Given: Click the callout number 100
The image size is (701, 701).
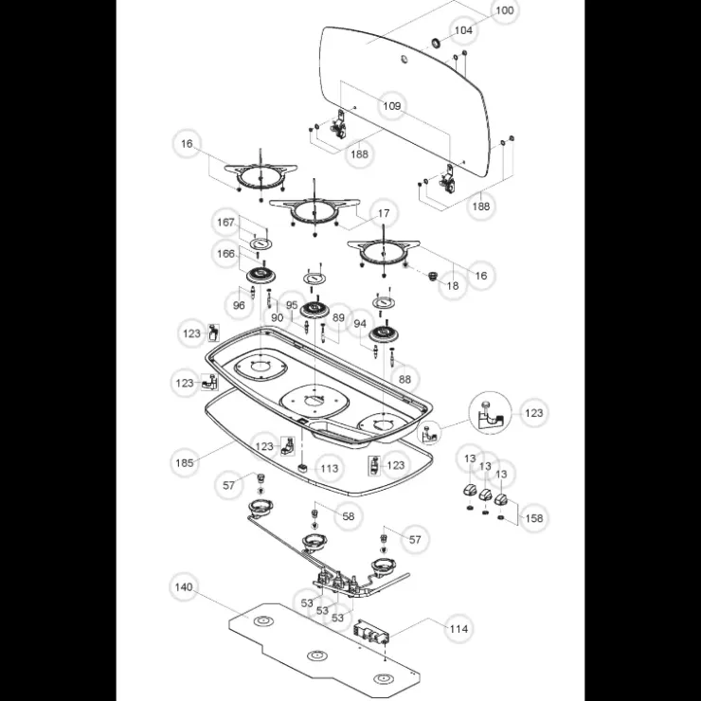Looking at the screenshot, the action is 505,10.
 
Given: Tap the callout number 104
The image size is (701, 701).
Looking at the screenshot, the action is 463,30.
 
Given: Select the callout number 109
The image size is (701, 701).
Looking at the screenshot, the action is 391,106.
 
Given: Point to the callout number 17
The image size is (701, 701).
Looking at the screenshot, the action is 384,214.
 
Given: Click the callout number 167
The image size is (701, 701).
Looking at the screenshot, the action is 225,223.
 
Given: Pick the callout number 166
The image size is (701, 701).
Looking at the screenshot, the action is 225,254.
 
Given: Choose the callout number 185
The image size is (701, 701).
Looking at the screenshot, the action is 184,462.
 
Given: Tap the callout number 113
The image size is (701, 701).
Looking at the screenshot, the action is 330,469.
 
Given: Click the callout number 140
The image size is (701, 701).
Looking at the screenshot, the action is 183,587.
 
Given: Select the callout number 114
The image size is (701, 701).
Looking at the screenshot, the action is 458,629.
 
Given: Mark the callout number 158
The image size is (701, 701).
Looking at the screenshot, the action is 533,518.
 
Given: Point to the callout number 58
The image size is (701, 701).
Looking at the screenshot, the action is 348,516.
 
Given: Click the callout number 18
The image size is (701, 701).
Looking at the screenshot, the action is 453,286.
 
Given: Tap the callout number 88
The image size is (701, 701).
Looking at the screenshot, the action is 404,379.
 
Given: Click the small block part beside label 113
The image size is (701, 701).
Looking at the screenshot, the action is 303,468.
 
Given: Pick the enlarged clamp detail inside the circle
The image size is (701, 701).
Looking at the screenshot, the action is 490,414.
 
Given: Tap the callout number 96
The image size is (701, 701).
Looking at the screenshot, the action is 239,305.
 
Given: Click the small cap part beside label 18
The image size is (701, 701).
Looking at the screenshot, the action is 432,276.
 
